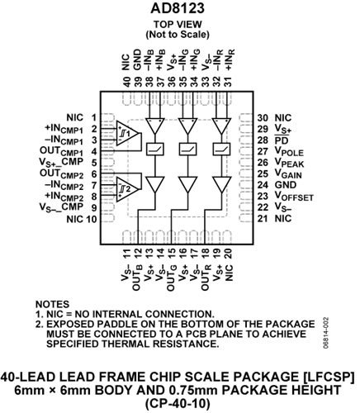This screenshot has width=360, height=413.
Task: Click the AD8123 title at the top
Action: point(178,8)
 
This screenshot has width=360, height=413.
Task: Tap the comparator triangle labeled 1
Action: point(126,134)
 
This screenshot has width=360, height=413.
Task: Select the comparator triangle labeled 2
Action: point(126,189)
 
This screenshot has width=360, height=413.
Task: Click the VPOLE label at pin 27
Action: point(289,152)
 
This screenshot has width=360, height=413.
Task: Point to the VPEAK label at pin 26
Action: point(289,163)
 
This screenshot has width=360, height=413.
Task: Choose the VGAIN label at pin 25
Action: point(288,174)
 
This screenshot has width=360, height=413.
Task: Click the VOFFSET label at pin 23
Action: point(294,197)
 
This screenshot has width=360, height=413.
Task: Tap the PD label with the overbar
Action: point(282,140)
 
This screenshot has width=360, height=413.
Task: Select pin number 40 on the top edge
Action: point(126,82)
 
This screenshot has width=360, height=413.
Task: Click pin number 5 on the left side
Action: point(94,163)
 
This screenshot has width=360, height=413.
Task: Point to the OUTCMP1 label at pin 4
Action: point(61,151)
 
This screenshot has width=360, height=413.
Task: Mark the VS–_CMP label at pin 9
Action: point(61,207)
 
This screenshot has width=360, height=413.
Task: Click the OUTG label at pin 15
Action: point(171,279)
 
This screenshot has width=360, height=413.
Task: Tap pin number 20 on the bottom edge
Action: point(229,254)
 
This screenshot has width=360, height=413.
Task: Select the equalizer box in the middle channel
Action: point(188,150)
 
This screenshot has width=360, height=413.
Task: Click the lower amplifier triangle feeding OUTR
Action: point(221,185)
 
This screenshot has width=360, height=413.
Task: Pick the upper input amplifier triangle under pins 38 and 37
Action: point(155,126)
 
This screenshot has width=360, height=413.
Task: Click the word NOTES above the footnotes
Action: point(52,304)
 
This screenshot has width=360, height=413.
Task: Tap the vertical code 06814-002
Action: point(326,334)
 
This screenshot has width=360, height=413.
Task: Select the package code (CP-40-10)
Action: point(178,404)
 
